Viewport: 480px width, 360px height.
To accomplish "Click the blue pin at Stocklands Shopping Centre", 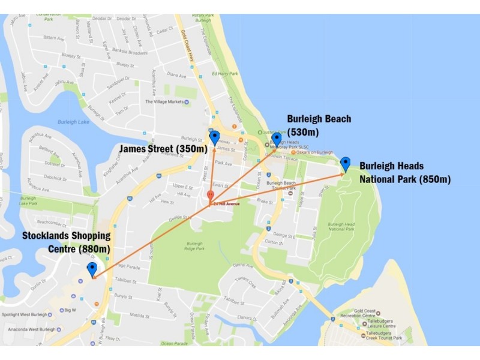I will pos(92,269).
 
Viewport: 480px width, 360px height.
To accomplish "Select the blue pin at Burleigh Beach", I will pos(277,139).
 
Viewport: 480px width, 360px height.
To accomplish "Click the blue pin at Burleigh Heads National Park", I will pos(345,163).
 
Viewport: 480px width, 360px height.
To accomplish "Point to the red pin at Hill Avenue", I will pos(210,196).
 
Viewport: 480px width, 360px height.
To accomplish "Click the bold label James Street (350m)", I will pos(163,148).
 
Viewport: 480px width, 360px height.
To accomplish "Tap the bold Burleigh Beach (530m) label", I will pos(319,125).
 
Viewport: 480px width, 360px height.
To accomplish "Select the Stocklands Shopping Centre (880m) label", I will pos(67,242).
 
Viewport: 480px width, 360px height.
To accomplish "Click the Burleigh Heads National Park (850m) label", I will pos(404,172).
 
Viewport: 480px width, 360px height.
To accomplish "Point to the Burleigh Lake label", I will pos(73,122).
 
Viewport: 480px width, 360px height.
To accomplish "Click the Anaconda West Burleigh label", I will pos(30,329).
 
